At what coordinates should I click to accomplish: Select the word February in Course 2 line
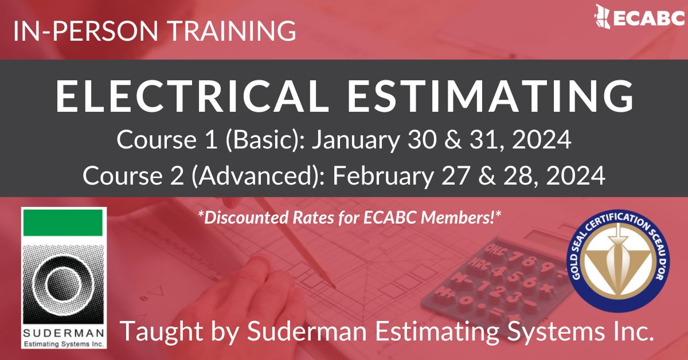point(381,175)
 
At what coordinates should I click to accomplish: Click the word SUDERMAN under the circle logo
point(63,334)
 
